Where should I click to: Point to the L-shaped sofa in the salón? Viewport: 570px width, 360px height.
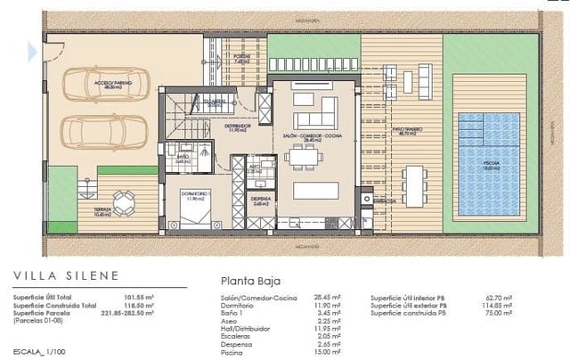pyautogui.click(x=314, y=116)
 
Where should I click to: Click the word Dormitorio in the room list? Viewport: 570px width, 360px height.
pyautogui.click(x=240, y=306)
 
